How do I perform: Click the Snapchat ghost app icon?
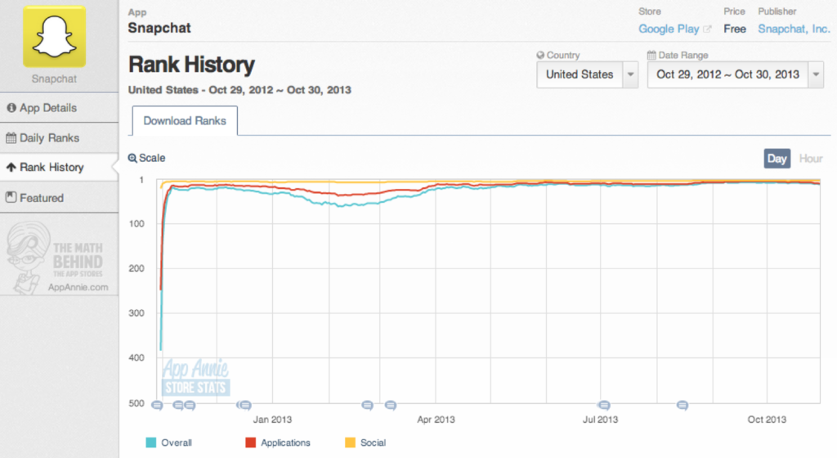tap(54, 37)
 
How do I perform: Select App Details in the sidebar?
tap(47, 108)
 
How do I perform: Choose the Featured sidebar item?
tap(41, 198)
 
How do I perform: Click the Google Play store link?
tap(669, 29)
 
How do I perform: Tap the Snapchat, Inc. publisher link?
tap(794, 29)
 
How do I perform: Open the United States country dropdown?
tap(587, 74)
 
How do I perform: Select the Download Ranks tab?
tap(185, 121)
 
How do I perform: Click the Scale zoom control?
tap(147, 158)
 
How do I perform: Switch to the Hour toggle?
tap(810, 158)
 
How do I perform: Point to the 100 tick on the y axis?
tap(137, 224)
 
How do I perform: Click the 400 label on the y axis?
tap(137, 358)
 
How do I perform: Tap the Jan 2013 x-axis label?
tap(272, 420)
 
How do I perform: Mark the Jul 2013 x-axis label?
tap(601, 420)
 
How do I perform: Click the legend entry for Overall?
tap(176, 442)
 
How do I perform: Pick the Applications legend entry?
tap(284, 442)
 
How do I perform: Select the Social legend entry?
tap(372, 442)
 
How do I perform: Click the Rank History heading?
tap(191, 65)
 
